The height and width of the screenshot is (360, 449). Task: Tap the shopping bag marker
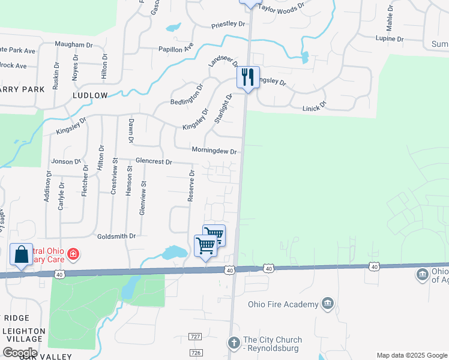click(x=22, y=254)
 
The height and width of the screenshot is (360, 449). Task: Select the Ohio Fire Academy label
click(x=285, y=304)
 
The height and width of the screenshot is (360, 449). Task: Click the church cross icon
click(x=234, y=342)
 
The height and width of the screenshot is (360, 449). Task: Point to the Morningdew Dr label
click(x=214, y=151)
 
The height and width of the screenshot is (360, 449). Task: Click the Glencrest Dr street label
click(x=154, y=162)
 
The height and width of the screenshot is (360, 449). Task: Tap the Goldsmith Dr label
click(x=116, y=236)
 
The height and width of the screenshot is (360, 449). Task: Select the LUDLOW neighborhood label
click(x=90, y=95)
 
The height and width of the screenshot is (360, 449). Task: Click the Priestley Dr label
click(x=229, y=25)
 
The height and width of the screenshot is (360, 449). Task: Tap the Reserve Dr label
click(x=191, y=185)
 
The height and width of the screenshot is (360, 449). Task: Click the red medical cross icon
click(x=73, y=254)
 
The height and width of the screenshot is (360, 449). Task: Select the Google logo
click(x=20, y=353)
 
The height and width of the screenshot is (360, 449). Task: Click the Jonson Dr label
click(x=66, y=161)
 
